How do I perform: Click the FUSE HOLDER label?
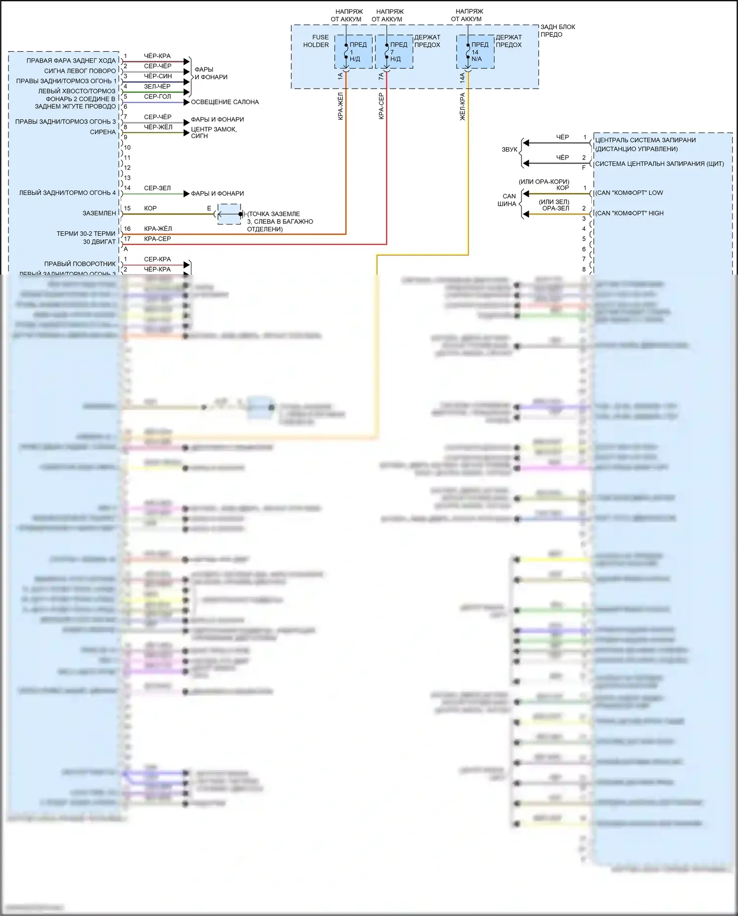click(x=316, y=41)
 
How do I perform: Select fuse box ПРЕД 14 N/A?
click(x=475, y=52)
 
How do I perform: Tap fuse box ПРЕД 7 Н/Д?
click(x=394, y=52)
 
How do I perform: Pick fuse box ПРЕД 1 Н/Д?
click(x=353, y=52)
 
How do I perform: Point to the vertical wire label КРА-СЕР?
click(x=381, y=106)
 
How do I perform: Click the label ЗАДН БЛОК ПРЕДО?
click(x=557, y=31)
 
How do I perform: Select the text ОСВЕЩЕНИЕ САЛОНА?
click(x=224, y=102)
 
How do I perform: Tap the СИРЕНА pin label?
click(x=103, y=132)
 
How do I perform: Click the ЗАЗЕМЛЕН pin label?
click(x=99, y=213)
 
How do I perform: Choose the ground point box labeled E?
click(x=229, y=214)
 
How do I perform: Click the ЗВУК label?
click(x=509, y=149)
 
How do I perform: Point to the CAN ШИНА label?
click(x=507, y=200)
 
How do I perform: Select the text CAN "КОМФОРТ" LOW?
click(x=629, y=193)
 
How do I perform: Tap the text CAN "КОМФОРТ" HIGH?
click(x=630, y=213)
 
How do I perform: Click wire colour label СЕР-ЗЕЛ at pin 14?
click(x=157, y=188)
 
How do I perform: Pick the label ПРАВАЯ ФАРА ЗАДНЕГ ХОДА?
click(x=71, y=61)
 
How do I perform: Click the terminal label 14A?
click(x=462, y=78)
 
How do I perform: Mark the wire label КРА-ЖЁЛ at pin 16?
click(x=158, y=228)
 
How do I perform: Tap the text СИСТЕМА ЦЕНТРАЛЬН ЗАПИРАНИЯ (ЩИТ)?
click(x=659, y=164)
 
